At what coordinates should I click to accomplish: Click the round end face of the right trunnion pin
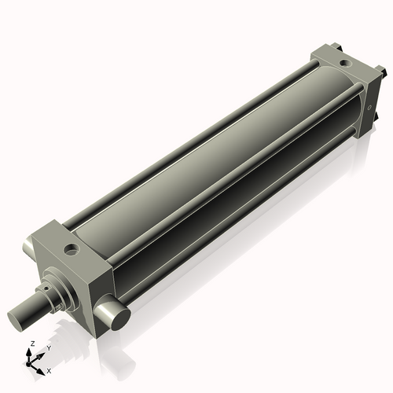tap(118, 319)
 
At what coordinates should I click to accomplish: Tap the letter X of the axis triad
tap(50, 369)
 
